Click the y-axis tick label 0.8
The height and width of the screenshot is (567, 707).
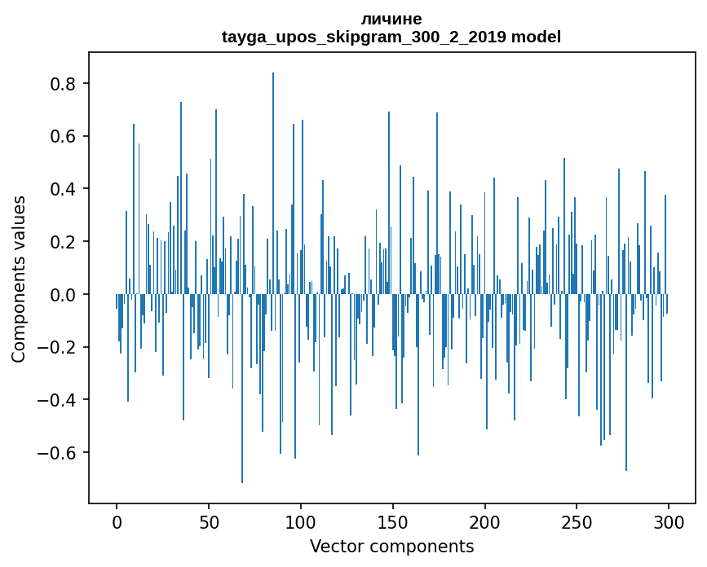coord(65,84)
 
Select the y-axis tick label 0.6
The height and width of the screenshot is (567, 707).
coord(65,136)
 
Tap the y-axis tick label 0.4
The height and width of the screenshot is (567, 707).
coord(65,189)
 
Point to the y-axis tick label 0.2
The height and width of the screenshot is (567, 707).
coord(65,242)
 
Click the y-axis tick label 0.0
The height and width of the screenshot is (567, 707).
coord(65,294)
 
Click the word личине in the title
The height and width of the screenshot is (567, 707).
coord(391,20)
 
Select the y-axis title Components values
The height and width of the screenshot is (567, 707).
coord(19,278)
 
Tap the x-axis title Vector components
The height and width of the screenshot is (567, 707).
coord(391,546)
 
